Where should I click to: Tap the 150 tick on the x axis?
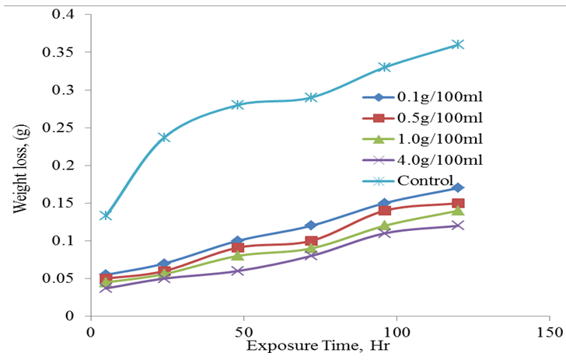coord(549,331)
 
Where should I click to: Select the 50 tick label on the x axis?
coord(243,331)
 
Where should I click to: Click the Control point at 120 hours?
coord(458,44)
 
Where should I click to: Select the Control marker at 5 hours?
coord(106,215)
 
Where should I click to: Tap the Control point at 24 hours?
coord(164,138)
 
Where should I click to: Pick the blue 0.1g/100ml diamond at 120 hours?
coord(458,187)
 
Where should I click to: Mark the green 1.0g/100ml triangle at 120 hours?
coord(458,211)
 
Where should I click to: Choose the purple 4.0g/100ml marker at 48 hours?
coord(238,271)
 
